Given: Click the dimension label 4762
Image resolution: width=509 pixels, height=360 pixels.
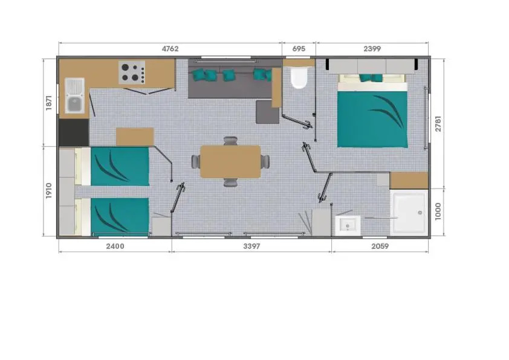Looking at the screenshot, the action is point(170,49).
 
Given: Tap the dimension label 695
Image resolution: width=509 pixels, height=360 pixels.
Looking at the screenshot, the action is point(299,49).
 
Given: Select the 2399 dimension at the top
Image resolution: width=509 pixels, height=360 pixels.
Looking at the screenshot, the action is point(372,49).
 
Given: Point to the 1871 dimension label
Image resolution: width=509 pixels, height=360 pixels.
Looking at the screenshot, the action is point(49,103).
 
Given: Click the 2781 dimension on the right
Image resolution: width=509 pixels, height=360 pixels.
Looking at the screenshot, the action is point(438,124).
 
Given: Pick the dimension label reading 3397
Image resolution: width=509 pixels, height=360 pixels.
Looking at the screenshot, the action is point(251,246).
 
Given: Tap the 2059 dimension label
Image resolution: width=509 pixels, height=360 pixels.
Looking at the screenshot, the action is point(380,246).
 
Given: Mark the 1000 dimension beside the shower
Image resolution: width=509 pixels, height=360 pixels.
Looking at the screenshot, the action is point(438,211).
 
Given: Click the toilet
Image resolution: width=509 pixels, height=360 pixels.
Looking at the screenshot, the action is point(299,78).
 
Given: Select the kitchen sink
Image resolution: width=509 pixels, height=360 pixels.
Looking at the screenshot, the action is point(75,95).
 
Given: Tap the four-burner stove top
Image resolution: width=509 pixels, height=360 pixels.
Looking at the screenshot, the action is point(132,72).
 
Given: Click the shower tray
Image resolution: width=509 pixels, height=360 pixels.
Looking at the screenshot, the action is point(409,213).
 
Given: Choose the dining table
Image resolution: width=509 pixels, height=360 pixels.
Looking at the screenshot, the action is point(230,162).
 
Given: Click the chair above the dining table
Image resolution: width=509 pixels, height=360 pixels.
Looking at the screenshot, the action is point(230,141).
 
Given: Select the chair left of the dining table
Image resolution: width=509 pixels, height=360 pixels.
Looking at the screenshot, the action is point(196,161).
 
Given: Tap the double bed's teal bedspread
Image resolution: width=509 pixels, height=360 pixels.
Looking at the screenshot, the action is point(372,120).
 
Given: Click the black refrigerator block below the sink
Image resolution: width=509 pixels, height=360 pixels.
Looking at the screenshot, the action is point(74,132).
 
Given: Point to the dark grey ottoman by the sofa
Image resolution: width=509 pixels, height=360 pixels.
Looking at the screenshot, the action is point(267,112).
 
